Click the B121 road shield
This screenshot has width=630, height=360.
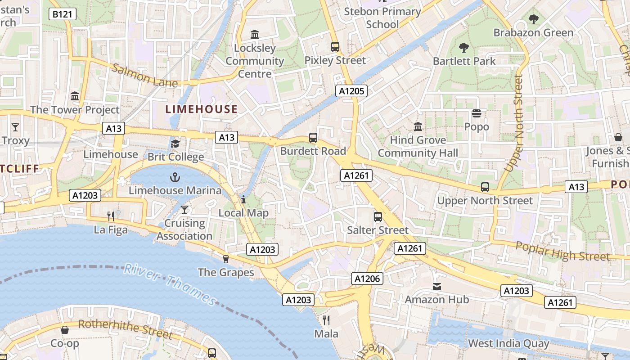click(x=62, y=14)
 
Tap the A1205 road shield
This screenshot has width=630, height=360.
click(x=351, y=91)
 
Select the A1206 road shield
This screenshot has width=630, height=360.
click(x=367, y=279)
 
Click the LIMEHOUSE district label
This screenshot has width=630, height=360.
click(x=201, y=109)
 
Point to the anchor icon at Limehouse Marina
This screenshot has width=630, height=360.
click(x=175, y=177)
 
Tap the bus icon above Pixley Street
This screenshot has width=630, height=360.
click(x=335, y=47)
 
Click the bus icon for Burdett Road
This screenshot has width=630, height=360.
click(x=313, y=138)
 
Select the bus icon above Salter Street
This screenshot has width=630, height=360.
click(x=378, y=217)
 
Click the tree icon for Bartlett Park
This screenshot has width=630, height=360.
click(x=464, y=48)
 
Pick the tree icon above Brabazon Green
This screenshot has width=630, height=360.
click(x=534, y=19)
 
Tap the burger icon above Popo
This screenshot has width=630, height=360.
click(x=476, y=113)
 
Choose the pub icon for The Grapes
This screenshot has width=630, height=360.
click(x=226, y=259)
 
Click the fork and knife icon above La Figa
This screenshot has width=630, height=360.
click(x=111, y=216)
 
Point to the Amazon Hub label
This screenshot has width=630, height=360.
click(x=436, y=299)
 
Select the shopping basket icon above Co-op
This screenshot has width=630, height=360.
click(x=65, y=330)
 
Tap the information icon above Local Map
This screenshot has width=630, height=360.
click(x=243, y=199)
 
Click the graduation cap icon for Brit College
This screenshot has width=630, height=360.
click(x=175, y=144)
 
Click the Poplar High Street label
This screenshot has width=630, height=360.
click(x=562, y=251)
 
